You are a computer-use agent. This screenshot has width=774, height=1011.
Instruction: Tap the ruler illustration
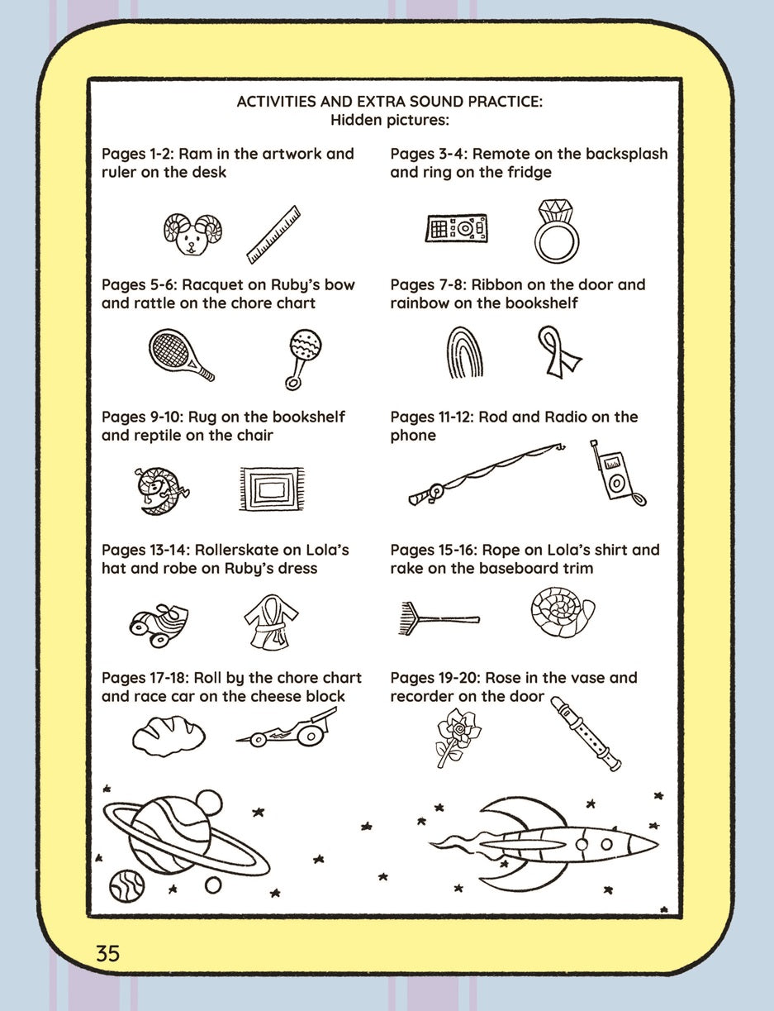(273, 235)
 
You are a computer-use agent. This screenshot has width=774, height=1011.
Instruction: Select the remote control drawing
(456, 228)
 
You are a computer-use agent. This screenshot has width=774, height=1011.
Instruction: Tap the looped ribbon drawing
(558, 351)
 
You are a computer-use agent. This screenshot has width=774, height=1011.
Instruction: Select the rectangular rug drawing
(271, 489)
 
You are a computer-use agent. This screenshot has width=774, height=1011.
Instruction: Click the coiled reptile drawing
(159, 490)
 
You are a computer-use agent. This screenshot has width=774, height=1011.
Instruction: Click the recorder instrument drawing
(586, 733)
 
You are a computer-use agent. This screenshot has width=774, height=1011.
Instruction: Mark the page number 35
(107, 953)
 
